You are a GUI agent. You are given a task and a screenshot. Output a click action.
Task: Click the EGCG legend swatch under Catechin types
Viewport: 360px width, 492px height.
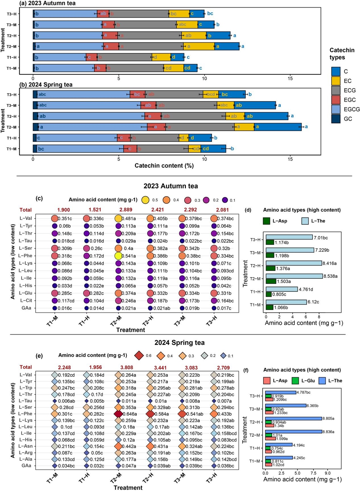pyautogui.click(x=336, y=109)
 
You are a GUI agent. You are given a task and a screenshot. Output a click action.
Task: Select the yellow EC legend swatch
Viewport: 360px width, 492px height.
pyautogui.click(x=336, y=81)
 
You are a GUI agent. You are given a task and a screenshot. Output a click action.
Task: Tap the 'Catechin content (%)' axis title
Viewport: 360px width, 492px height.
pyautogui.click(x=164, y=166)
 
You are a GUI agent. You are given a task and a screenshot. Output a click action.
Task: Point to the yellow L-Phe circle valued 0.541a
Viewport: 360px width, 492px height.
pyautogui.click(x=118, y=256)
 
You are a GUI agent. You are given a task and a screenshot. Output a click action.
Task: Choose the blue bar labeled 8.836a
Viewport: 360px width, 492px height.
pyautogui.click(x=293, y=432)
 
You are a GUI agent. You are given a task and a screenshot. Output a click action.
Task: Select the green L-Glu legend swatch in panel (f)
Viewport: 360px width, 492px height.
pyautogui.click(x=295, y=380)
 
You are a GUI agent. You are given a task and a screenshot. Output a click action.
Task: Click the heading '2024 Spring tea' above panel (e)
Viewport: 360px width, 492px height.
pyautogui.click(x=179, y=343)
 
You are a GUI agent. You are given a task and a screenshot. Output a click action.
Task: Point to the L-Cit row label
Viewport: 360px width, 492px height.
pyautogui.click(x=26, y=301)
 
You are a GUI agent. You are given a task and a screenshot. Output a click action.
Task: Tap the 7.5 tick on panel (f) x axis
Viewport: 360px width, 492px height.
pyautogui.click(x=314, y=472)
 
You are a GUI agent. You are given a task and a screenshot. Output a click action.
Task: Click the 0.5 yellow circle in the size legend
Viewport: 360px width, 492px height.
pyautogui.click(x=145, y=200)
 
